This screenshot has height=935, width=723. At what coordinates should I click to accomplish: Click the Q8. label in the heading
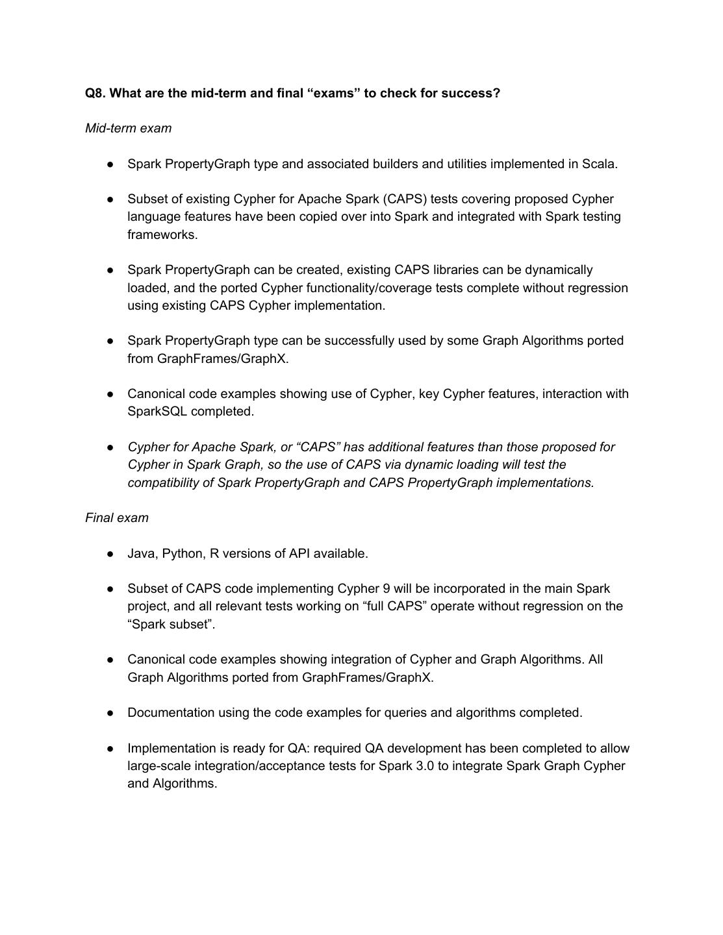tap(95, 93)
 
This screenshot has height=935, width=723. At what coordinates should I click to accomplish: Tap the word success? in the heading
tap(473, 93)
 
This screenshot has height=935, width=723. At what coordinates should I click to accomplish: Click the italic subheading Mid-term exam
tap(129, 128)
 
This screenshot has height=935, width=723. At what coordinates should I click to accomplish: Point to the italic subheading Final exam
tap(117, 517)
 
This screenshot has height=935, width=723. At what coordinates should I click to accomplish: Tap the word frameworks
tap(162, 234)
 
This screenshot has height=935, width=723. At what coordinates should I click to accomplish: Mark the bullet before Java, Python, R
tap(111, 553)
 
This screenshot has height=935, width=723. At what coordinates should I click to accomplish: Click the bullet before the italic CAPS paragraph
tap(111, 447)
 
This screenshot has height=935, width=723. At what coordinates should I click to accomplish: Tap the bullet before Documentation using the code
tap(111, 712)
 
